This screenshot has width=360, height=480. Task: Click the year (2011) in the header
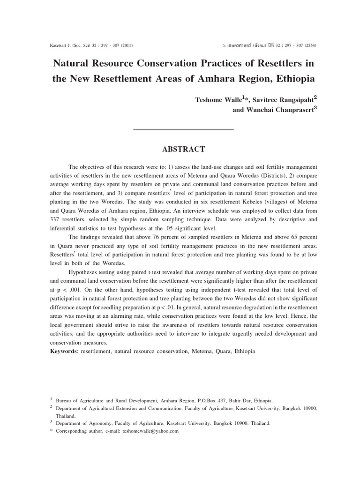click(x=126, y=45)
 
